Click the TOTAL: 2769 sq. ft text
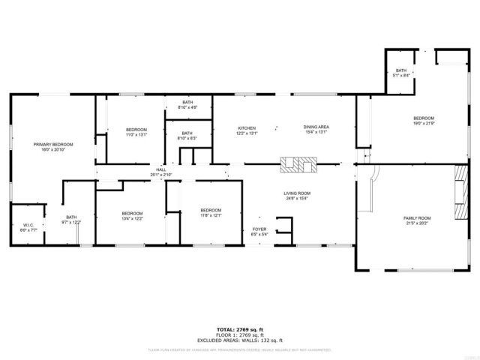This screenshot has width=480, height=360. pyautogui.click(x=239, y=329)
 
